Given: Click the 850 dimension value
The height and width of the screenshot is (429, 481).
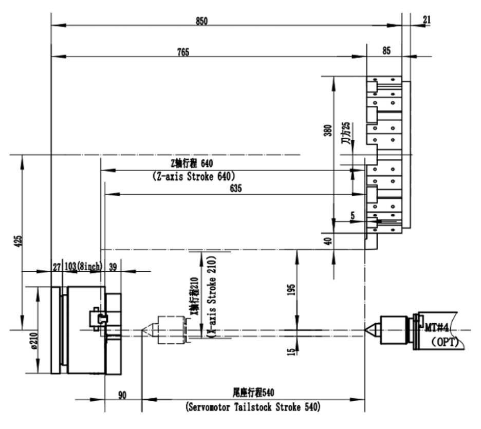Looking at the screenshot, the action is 202,21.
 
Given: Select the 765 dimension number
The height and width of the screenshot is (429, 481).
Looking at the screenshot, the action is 183,52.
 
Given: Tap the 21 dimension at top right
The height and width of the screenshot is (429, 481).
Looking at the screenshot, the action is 427,20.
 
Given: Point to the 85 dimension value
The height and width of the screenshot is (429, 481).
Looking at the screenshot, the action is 386,50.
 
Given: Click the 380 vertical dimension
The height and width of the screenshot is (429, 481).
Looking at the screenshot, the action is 328,130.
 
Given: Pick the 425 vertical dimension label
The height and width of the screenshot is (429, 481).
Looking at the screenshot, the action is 18,241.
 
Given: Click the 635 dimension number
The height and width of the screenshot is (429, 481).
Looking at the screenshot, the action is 235,188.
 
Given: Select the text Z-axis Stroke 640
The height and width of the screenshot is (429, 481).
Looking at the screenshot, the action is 194,176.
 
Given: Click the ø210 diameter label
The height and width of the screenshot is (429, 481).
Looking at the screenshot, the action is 33,341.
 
